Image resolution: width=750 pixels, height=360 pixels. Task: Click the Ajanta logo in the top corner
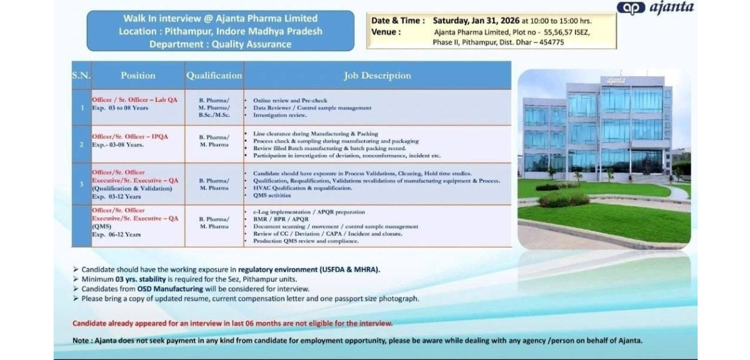[654, 8]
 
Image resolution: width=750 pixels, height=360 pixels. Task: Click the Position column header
[137, 76]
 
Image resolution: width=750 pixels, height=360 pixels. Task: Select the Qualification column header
[214, 76]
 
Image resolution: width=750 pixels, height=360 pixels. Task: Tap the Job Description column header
[377, 76]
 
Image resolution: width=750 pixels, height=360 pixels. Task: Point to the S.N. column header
[81, 76]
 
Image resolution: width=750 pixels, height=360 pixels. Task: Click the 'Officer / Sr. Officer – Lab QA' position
[134, 100]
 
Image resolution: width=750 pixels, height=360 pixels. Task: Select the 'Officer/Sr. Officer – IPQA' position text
[130, 136]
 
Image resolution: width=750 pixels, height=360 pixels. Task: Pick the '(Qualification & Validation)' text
[131, 188]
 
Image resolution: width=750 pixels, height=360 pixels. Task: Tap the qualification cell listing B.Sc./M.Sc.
[214, 115]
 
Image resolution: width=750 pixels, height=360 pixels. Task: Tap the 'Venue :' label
[386, 32]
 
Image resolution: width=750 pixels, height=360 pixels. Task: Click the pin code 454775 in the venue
[550, 42]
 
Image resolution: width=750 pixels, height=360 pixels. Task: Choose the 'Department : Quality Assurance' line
[220, 44]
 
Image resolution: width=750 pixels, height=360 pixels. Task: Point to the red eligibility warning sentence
[232, 323]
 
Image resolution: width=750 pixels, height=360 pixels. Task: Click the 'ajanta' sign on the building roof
[616, 80]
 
